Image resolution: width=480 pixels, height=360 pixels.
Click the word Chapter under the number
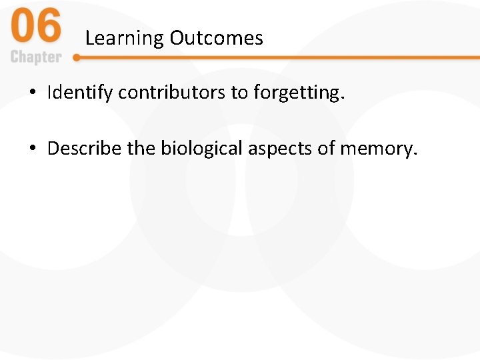click(36, 57)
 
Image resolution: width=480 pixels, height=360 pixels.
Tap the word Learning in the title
click(125, 39)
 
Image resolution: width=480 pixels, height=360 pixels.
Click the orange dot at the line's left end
click(77, 58)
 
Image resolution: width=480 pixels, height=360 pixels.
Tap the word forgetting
click(299, 93)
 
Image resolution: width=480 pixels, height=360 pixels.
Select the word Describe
click(85, 148)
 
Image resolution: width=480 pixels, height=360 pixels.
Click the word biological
click(202, 148)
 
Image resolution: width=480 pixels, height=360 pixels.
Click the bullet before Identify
click(32, 93)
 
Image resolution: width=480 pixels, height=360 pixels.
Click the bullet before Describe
click(32, 149)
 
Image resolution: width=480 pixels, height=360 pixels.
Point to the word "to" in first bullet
click(239, 93)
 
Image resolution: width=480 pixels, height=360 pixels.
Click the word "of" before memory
click(327, 148)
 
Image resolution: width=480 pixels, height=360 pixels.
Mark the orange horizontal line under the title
click(280, 58)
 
